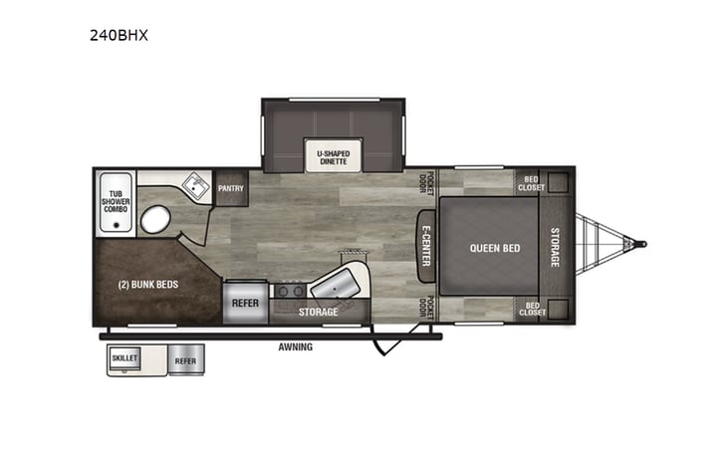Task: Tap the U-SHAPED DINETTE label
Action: [333, 156]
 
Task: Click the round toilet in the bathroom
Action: [154, 220]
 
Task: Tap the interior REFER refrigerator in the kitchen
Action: [245, 304]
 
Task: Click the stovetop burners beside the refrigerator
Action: [290, 292]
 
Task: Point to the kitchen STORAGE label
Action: [320, 312]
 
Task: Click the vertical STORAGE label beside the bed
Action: [556, 247]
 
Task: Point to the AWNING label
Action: [296, 347]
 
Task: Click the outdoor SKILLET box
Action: [125, 356]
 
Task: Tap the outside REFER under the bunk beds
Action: [184, 360]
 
